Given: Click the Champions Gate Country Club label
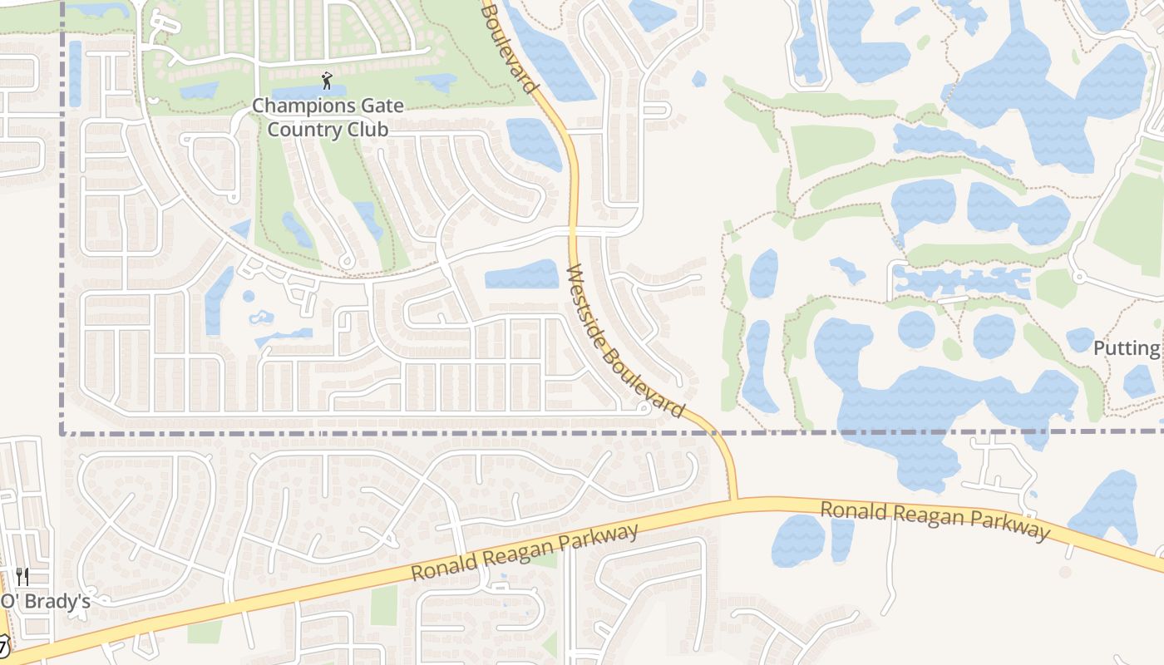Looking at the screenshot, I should coord(328,118).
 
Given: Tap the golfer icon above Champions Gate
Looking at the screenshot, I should coord(327,81).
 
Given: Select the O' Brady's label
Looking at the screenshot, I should coord(46,601).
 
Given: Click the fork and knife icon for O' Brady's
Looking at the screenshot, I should coord(22,577).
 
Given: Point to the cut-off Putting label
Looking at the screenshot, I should coord(1127,348).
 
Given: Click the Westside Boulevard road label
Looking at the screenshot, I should coord(625,342).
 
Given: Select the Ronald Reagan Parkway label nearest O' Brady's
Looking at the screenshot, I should coord(525,552).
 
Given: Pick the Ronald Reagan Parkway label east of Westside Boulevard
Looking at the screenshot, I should coord(935,520).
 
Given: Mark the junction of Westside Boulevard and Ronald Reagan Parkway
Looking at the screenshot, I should coord(733,500).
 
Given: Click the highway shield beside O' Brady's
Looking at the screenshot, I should coord(4,644).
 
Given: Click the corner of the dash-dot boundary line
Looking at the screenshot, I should coord(63,432).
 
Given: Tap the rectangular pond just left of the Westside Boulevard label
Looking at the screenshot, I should coord(521,274).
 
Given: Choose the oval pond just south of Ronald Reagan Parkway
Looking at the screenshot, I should coord(798,540).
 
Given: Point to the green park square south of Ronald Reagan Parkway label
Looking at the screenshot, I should coord(384,605).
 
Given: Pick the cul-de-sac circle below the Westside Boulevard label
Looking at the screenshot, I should coord(643,408).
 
